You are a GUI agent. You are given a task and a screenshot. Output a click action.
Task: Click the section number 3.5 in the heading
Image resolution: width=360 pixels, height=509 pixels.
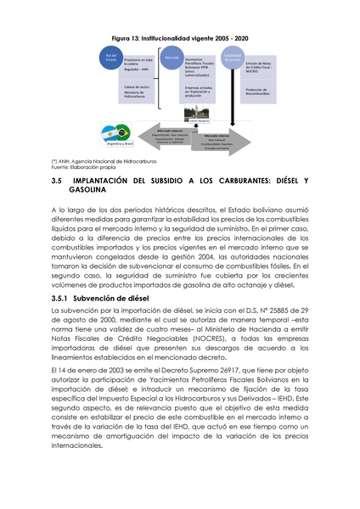coord(58,182)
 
